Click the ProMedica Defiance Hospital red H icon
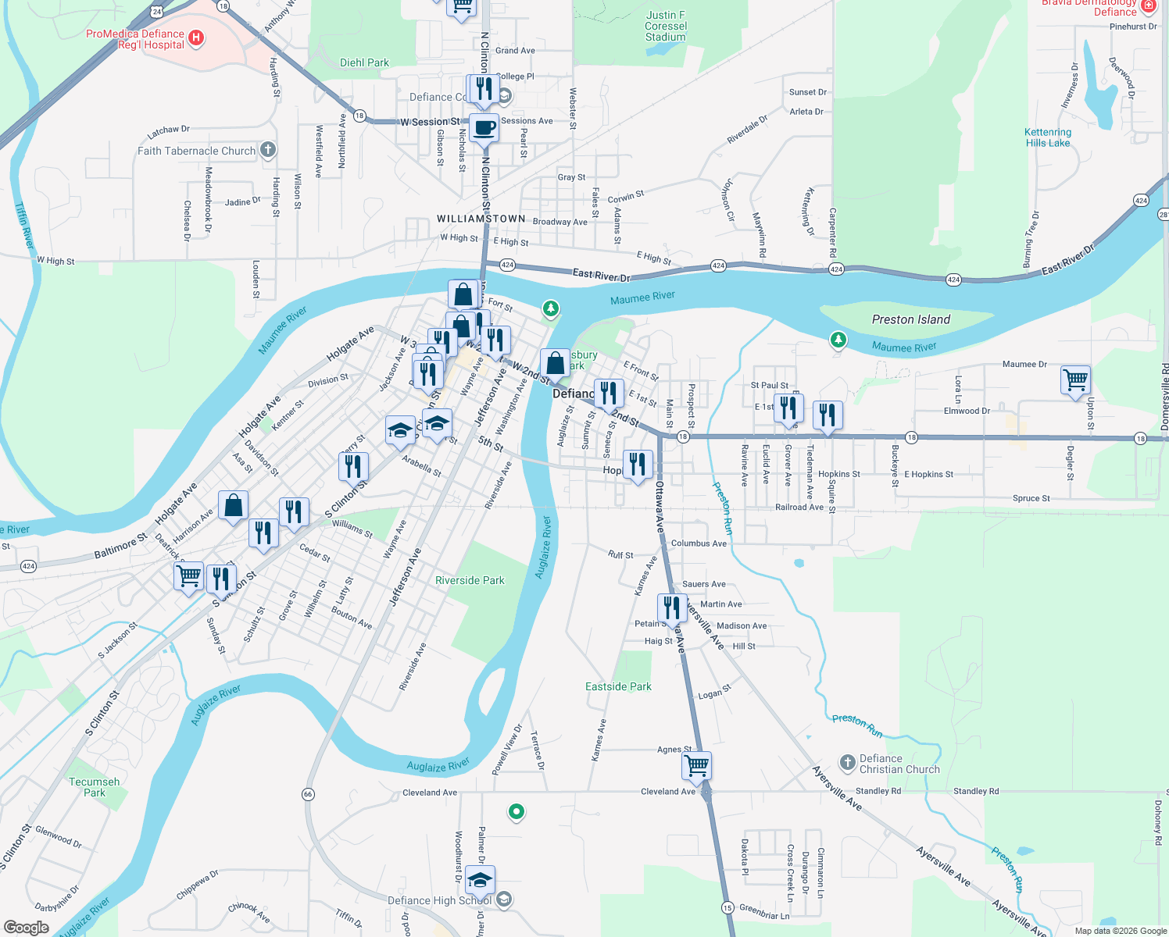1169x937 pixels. coord(196,37)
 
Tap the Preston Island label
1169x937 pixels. coord(910,319)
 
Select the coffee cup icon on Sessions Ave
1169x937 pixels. coord(484,127)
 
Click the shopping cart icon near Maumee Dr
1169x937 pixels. coord(1075,379)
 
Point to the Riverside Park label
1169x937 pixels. coord(470,580)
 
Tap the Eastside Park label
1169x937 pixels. coord(618,686)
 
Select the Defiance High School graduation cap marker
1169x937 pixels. coord(480,881)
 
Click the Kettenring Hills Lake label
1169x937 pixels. coord(1048,137)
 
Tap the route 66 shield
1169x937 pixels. coord(308,794)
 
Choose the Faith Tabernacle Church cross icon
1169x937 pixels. coord(268,150)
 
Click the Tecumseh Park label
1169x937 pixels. coord(95,787)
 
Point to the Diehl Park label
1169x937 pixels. coord(364,62)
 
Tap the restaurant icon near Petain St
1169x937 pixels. coord(672,607)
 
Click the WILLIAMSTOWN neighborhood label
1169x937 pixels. coord(481,219)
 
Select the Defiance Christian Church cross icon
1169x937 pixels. coord(847,762)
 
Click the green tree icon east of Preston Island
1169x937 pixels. coord(838,340)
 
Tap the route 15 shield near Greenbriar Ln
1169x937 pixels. coord(727,907)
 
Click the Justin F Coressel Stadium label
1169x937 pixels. coord(665,26)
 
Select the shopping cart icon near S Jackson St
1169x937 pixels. coord(188,576)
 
